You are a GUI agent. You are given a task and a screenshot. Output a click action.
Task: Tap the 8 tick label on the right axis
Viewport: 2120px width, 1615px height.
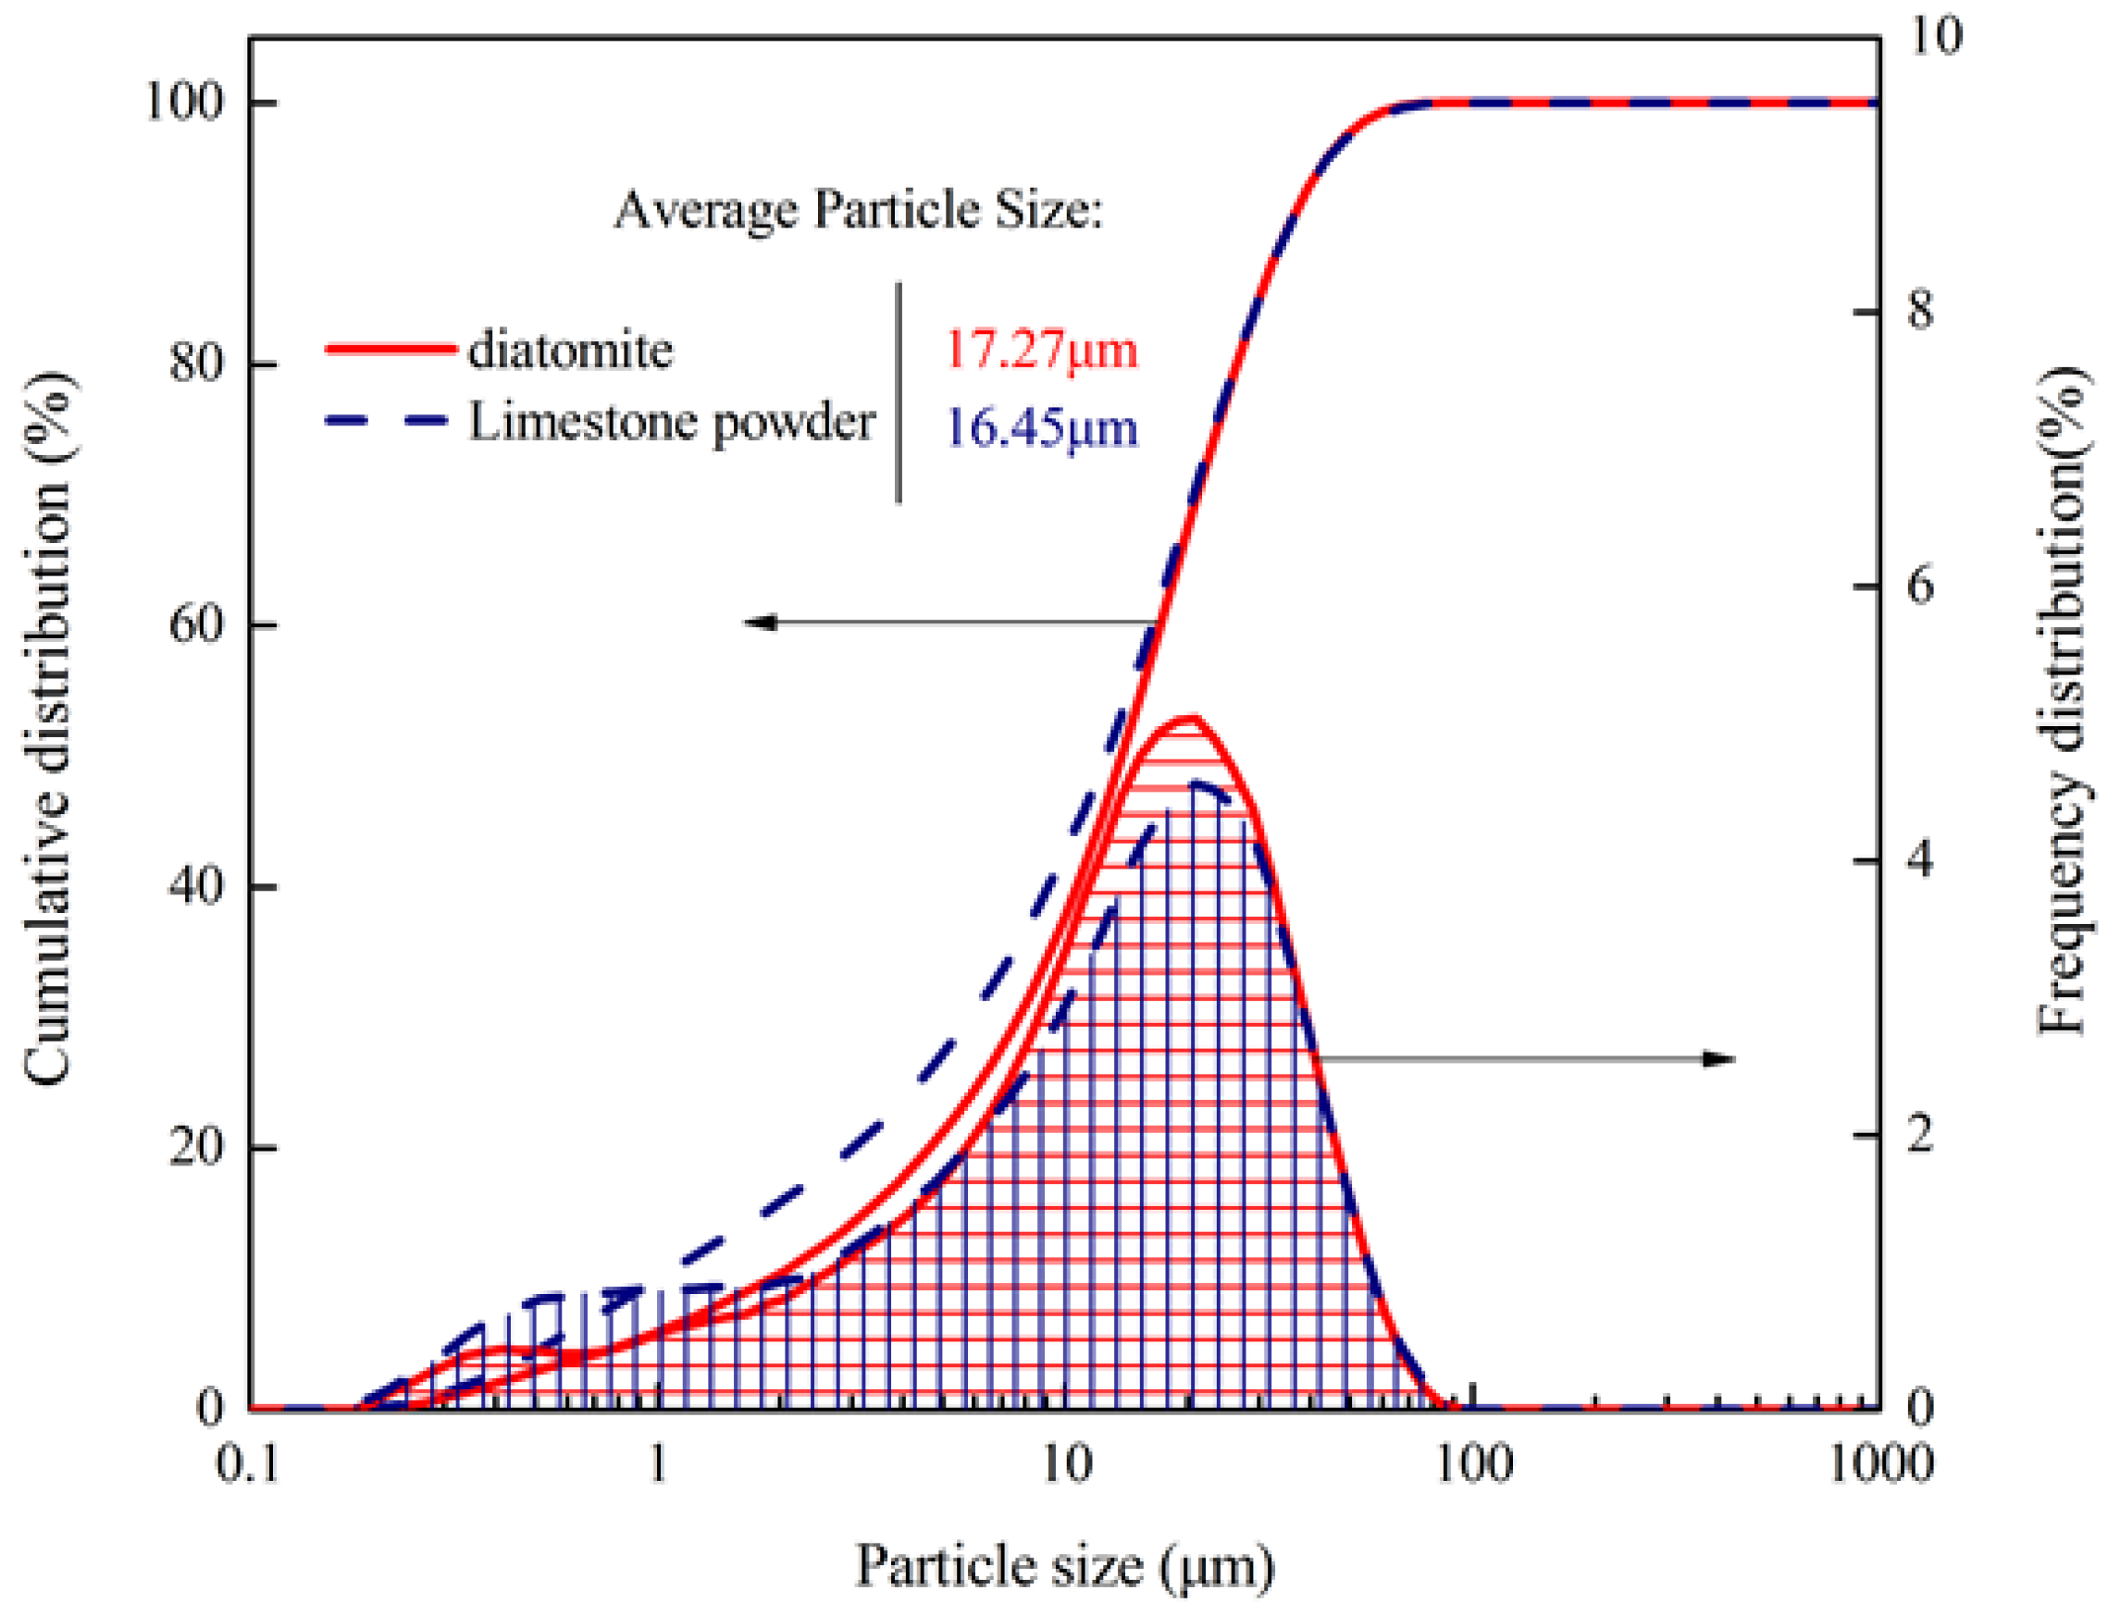click(1919, 312)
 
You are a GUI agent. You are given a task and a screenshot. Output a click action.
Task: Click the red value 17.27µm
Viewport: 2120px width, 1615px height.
click(1040, 350)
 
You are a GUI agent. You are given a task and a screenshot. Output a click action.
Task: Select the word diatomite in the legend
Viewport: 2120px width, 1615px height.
click(570, 350)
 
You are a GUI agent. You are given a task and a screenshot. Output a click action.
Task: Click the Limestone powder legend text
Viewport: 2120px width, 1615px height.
click(671, 423)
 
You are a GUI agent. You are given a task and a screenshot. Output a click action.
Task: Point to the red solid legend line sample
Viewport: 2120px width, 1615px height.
click(390, 348)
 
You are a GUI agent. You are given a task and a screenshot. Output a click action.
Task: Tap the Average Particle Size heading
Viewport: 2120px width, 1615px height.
click(858, 210)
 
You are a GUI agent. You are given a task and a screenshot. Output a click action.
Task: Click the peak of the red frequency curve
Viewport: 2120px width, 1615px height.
click(1190, 718)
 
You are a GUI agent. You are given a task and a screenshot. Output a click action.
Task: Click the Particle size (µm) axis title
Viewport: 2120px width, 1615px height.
click(1064, 1566)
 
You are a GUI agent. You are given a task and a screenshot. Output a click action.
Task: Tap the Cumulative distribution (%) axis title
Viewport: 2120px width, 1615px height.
click(48, 731)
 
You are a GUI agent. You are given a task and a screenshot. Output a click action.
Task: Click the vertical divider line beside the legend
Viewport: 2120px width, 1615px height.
click(899, 392)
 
